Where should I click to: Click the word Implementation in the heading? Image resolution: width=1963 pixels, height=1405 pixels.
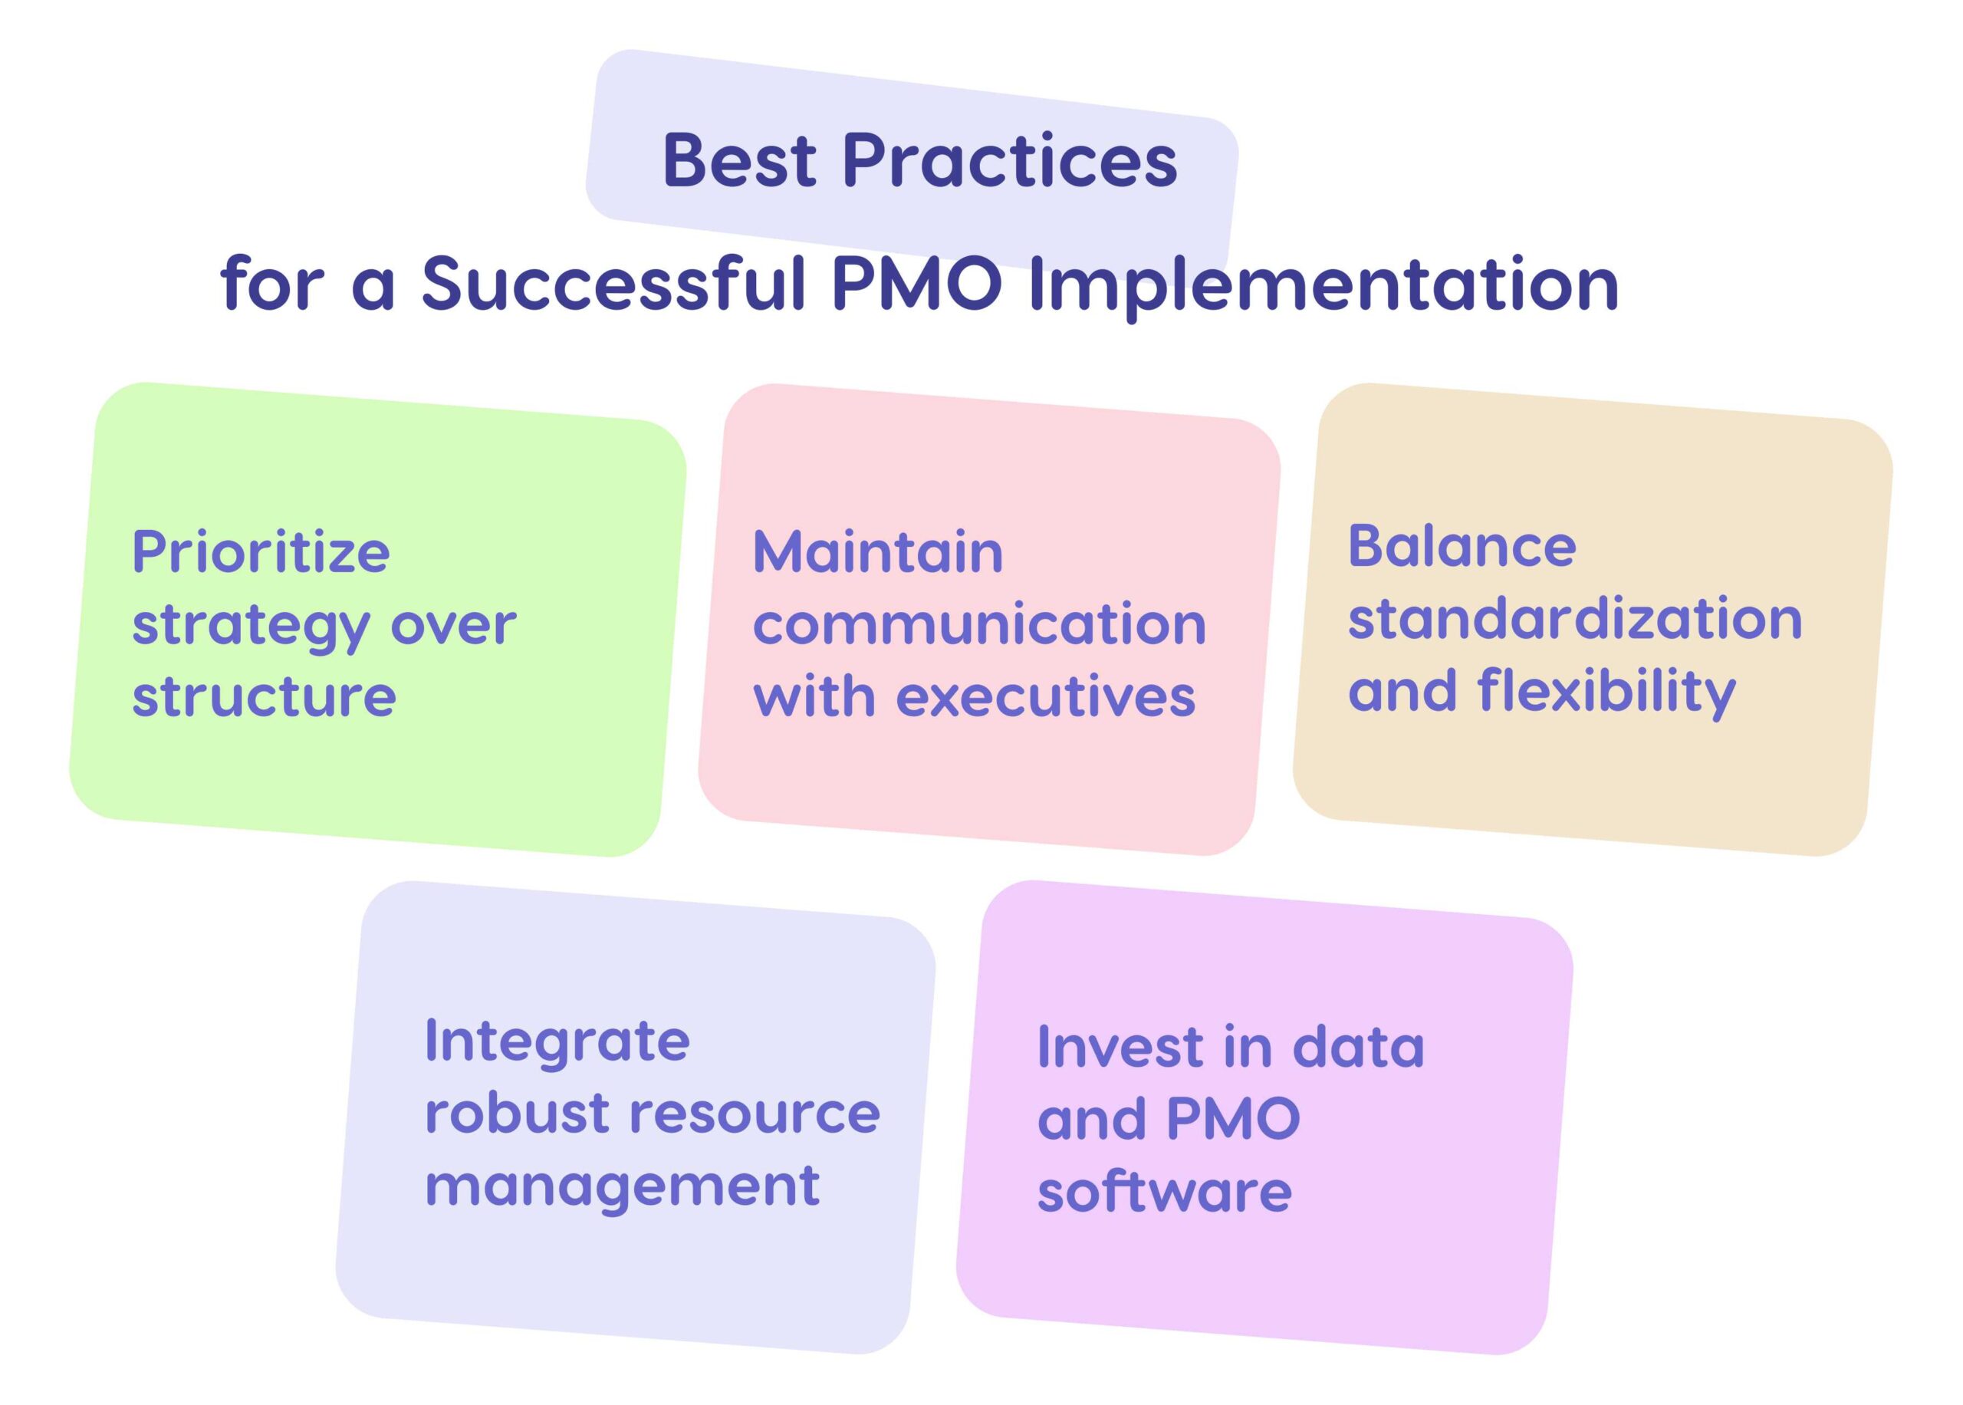pos(1323,285)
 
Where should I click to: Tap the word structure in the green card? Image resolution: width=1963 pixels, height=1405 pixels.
pos(264,696)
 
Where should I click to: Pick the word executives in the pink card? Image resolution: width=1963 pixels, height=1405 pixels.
pos(1044,696)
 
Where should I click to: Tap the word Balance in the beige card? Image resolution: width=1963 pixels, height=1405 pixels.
pos(1462,547)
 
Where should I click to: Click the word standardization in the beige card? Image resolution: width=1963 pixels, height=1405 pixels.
pos(1575,619)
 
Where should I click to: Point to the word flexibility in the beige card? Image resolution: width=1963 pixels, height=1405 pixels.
pos(1606,691)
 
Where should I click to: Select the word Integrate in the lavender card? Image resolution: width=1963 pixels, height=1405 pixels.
pos(557,1041)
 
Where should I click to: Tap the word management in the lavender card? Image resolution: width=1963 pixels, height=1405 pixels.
pos(622,1187)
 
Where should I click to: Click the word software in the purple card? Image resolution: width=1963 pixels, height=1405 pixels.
pos(1164,1191)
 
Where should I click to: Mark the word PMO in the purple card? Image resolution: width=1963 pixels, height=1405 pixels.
pos(1232,1119)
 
